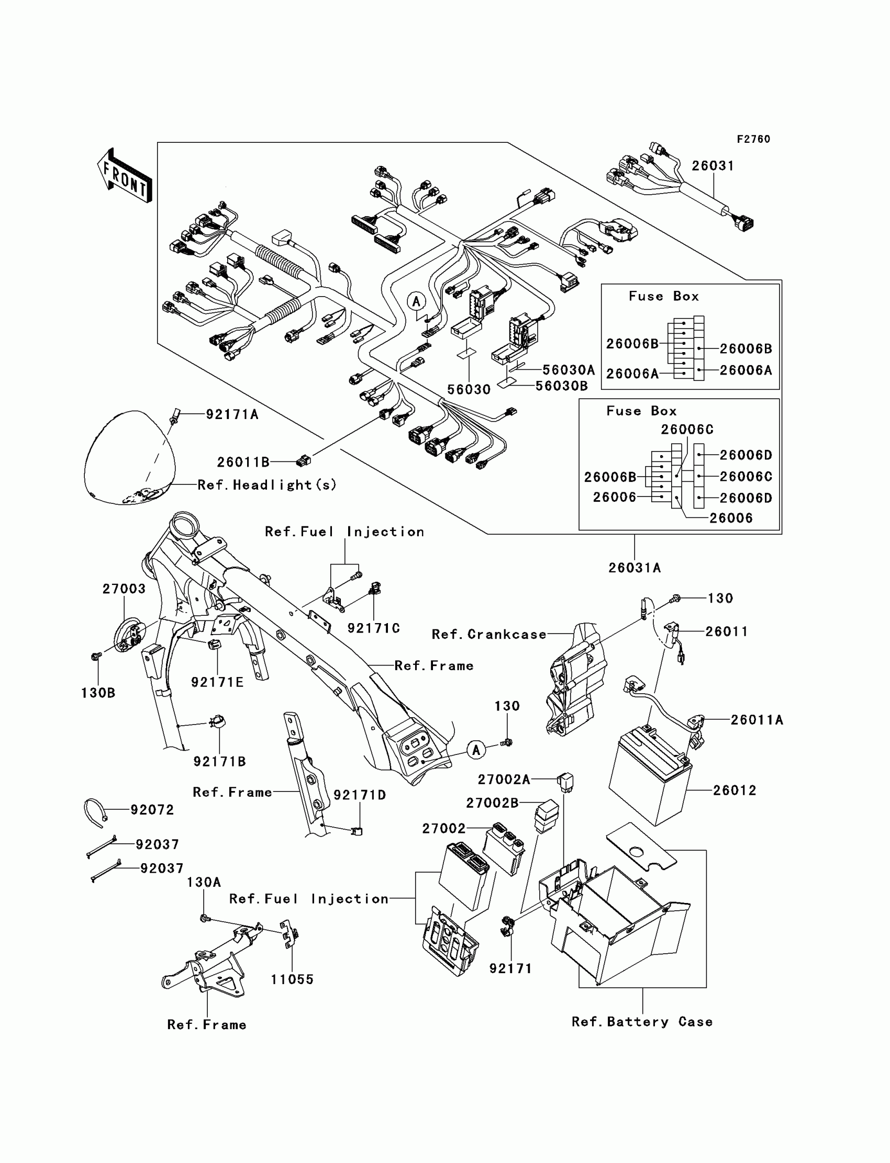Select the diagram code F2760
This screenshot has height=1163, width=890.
point(753,139)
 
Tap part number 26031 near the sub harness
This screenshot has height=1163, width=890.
point(713,166)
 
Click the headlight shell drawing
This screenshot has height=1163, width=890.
point(129,458)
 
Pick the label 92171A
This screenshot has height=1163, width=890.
point(232,414)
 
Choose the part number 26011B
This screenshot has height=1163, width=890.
point(243,462)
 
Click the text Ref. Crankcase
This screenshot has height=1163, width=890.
point(489,634)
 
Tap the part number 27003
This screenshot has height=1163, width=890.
point(124,589)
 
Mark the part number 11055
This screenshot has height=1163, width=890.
point(293,979)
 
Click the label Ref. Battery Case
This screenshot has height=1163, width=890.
point(642,1022)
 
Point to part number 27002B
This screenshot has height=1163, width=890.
point(492,803)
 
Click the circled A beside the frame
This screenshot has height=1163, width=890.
point(476,750)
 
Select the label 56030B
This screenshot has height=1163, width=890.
point(562,386)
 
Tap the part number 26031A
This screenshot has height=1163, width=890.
point(635,568)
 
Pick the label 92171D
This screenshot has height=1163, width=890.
point(360,795)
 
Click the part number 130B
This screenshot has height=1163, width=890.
point(98,693)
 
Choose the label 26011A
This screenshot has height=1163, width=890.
point(756,720)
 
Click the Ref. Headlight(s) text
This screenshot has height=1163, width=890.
point(267,485)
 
